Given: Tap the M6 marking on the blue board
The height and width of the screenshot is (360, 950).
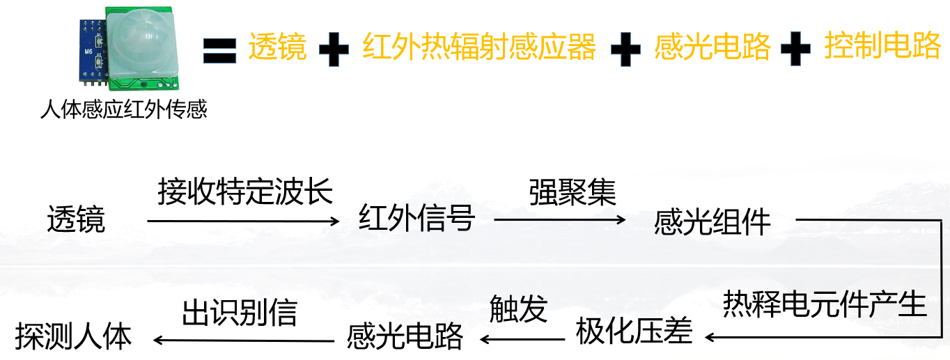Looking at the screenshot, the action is tap(88, 52).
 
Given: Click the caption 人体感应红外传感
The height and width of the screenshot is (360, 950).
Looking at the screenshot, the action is tap(123, 109).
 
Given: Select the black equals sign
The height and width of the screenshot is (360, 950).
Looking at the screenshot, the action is tap(219, 50).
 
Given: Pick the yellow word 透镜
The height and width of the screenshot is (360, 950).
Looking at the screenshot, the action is tap(277, 46).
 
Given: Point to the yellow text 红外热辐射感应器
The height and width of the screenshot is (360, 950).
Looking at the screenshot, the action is tap(478, 46).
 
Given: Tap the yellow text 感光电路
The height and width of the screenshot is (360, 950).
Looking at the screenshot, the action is tap(712, 46).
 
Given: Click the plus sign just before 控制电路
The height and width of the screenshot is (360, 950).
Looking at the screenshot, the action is tap(795, 49).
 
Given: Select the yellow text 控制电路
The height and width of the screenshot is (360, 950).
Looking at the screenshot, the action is tap(882, 45).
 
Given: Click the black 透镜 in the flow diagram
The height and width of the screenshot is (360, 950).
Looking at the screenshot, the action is tap(76, 219).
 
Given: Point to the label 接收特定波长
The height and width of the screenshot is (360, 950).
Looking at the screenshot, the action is tap(245, 191).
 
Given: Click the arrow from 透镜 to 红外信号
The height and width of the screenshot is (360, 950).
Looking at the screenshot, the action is tap(244, 221).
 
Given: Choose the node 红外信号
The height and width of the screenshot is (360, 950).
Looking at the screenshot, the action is tap(417, 217).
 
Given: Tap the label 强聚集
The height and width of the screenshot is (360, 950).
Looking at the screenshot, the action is tap(573, 192).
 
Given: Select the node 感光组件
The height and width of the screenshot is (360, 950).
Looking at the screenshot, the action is tap(712, 221).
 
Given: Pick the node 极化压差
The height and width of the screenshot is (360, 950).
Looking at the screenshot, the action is tap(634, 331).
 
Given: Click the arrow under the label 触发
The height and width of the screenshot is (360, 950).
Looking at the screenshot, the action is tap(522, 339).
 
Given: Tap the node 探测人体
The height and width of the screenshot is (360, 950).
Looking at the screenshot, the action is tap(73, 336).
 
